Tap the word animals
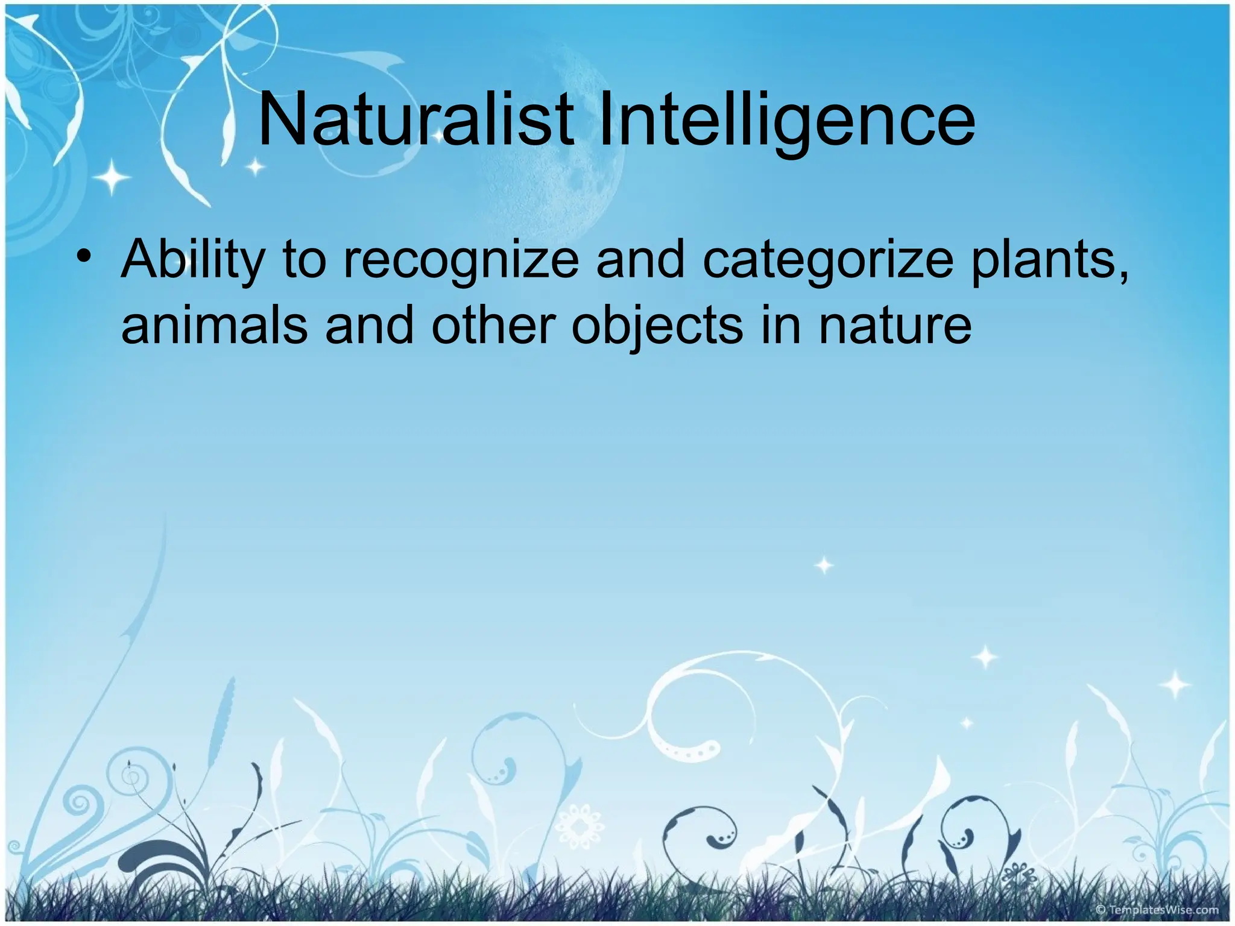(214, 326)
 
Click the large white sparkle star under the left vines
(112, 177)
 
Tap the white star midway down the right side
(824, 565)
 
